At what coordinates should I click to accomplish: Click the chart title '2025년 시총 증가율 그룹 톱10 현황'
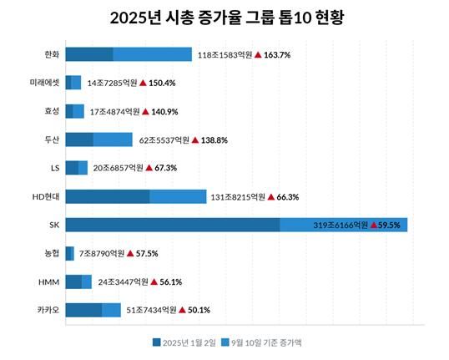(225, 17)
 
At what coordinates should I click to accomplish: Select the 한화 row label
(52, 54)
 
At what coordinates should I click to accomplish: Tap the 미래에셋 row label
(46, 83)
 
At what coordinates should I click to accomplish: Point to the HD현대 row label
(47, 196)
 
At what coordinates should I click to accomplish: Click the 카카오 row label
(48, 310)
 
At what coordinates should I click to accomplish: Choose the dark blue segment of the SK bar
(172, 225)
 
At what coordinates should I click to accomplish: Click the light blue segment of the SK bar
(343, 225)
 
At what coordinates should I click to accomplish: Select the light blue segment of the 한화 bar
(152, 54)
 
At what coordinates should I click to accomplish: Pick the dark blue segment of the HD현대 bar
(107, 196)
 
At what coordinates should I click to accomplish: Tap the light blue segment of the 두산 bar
(113, 139)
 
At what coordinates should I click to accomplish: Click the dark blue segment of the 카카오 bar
(83, 310)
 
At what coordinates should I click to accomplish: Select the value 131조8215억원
(238, 197)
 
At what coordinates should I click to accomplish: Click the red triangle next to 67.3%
(149, 168)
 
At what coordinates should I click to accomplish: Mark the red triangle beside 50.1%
(184, 310)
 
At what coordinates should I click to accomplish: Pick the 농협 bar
(69, 253)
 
